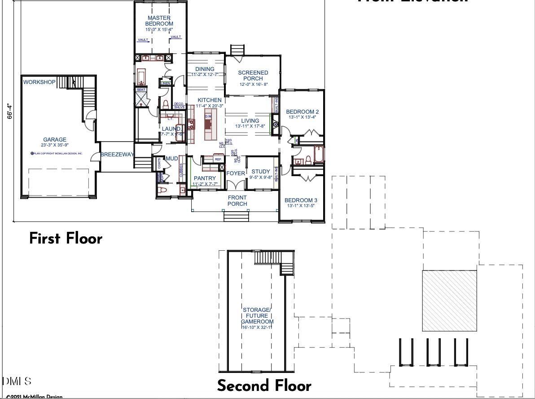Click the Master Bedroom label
[159, 21]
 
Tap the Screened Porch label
[253, 75]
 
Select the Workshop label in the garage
[39, 82]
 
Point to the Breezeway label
[117, 155]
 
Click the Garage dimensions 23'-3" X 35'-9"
[55, 145]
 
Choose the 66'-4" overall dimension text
[9, 111]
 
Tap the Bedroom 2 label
[302, 112]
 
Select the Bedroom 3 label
[301, 200]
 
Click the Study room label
[261, 172]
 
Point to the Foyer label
[236, 173]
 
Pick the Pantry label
[205, 178]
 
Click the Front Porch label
[237, 200]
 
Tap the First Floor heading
[66, 238]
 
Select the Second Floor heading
[264, 386]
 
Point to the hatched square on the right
[449, 301]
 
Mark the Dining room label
[205, 69]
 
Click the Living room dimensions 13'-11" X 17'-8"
[250, 126]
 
